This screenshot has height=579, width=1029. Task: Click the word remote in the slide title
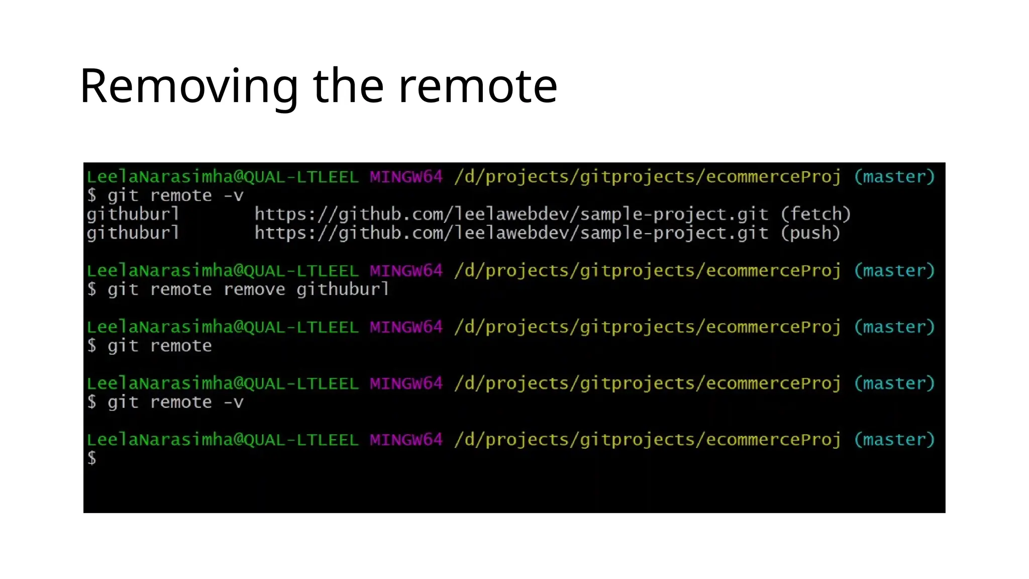point(478,86)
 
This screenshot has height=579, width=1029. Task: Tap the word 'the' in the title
point(349,86)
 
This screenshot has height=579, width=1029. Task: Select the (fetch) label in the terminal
point(815,215)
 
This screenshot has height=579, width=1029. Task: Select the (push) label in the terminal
point(810,233)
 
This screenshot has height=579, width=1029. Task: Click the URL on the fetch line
point(511,215)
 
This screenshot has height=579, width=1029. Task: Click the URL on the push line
point(511,233)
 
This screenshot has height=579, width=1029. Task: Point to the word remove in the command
point(254,289)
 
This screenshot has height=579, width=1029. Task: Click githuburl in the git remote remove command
point(343,289)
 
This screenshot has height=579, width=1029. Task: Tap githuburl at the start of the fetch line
point(133,215)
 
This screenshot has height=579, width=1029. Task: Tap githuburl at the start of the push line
point(133,233)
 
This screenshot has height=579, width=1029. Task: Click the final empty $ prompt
point(91,458)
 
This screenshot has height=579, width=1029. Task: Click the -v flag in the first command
point(234,196)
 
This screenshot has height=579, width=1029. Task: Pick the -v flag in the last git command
point(234,403)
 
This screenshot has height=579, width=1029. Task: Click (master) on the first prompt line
point(894,177)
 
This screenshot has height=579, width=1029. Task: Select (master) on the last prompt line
point(894,440)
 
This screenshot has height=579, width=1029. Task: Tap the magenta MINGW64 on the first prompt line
point(406,177)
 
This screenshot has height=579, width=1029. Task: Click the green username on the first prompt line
point(223,177)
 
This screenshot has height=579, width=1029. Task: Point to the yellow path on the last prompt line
point(647,440)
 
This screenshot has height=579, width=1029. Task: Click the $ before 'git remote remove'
point(91,289)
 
